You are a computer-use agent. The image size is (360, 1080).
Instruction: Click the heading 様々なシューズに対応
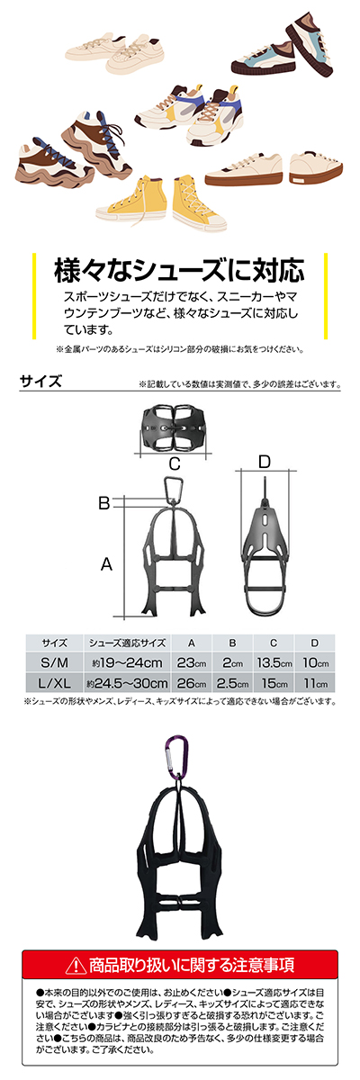(x=179, y=271)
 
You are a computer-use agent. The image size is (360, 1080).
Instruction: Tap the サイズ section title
(x=41, y=382)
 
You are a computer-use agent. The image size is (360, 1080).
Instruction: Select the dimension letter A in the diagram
(x=106, y=563)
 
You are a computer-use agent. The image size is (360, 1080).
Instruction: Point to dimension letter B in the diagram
(x=104, y=503)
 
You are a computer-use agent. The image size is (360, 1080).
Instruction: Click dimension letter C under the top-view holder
(x=175, y=463)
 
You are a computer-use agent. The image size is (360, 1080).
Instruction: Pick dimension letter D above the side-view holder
(x=265, y=462)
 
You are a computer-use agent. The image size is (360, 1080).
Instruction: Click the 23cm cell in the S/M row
(x=192, y=663)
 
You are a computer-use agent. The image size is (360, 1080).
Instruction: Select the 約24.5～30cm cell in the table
(x=127, y=683)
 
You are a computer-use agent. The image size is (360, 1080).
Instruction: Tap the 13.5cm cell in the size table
(x=274, y=663)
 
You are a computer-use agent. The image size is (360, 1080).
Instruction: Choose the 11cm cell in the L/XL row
(x=315, y=683)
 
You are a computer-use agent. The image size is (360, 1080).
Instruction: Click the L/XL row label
(x=54, y=683)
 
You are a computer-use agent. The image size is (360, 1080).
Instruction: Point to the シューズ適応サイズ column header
(x=127, y=643)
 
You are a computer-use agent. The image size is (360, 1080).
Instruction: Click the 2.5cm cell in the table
(x=233, y=683)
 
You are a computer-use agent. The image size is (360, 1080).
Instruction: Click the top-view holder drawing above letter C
(x=174, y=427)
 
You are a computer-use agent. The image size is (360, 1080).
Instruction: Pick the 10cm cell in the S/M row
(x=315, y=663)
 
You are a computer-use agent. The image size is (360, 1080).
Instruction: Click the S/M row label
(x=54, y=663)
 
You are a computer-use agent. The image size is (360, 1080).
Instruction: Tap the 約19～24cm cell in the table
(x=127, y=663)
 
